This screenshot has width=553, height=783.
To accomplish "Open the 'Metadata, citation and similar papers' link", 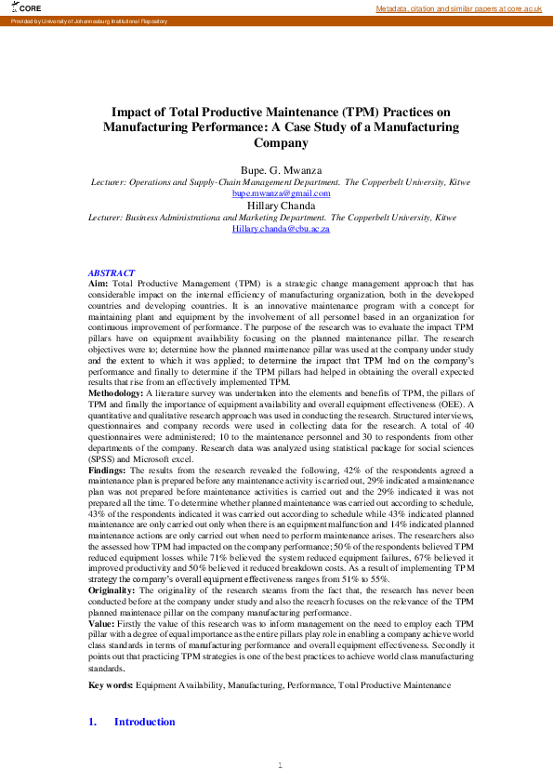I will point(458,8).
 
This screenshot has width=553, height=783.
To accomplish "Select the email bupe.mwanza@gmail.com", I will point(281,193).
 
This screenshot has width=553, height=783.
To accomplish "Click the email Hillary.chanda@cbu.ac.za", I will point(281,228).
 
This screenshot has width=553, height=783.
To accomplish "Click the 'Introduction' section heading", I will point(144,722).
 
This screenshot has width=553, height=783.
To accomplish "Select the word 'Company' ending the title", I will point(281,144).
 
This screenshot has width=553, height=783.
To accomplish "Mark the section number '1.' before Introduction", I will point(93,722).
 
